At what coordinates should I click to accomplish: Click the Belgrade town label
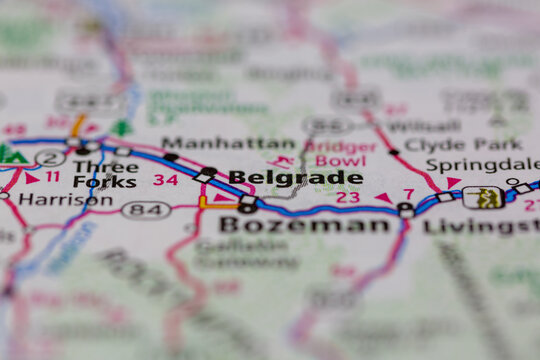(x=295, y=178)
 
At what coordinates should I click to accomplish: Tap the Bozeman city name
(x=304, y=225)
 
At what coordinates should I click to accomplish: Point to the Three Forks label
(x=105, y=173)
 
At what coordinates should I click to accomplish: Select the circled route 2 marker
(x=50, y=157)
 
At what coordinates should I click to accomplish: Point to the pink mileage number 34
(x=166, y=180)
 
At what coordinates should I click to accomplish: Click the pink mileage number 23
(x=348, y=197)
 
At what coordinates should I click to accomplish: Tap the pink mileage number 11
(x=52, y=177)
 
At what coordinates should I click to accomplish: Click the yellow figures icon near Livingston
(x=487, y=197)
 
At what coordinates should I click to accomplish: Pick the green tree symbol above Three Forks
(x=122, y=128)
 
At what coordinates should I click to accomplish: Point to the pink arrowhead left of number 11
(x=32, y=178)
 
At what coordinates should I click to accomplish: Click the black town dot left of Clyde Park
(x=394, y=152)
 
